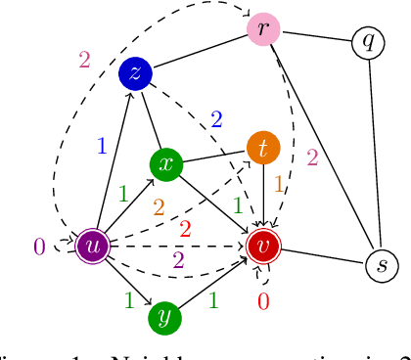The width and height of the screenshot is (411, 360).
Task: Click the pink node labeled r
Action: tap(264, 28)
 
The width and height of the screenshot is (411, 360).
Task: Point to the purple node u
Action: tap(94, 245)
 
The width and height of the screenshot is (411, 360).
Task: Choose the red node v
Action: tap(262, 245)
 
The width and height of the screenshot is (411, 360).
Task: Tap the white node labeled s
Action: tap(382, 265)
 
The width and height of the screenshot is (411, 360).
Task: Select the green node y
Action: tap(165, 315)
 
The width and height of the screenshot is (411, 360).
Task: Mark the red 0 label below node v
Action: tap(263, 301)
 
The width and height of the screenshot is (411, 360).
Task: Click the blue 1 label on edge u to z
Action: tap(100, 147)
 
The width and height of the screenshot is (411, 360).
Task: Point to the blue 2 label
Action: tap(216, 119)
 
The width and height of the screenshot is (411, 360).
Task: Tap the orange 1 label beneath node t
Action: tap(278, 183)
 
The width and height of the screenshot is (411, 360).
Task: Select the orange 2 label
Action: tap(157, 207)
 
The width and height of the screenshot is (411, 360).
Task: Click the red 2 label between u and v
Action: tap(184, 229)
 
